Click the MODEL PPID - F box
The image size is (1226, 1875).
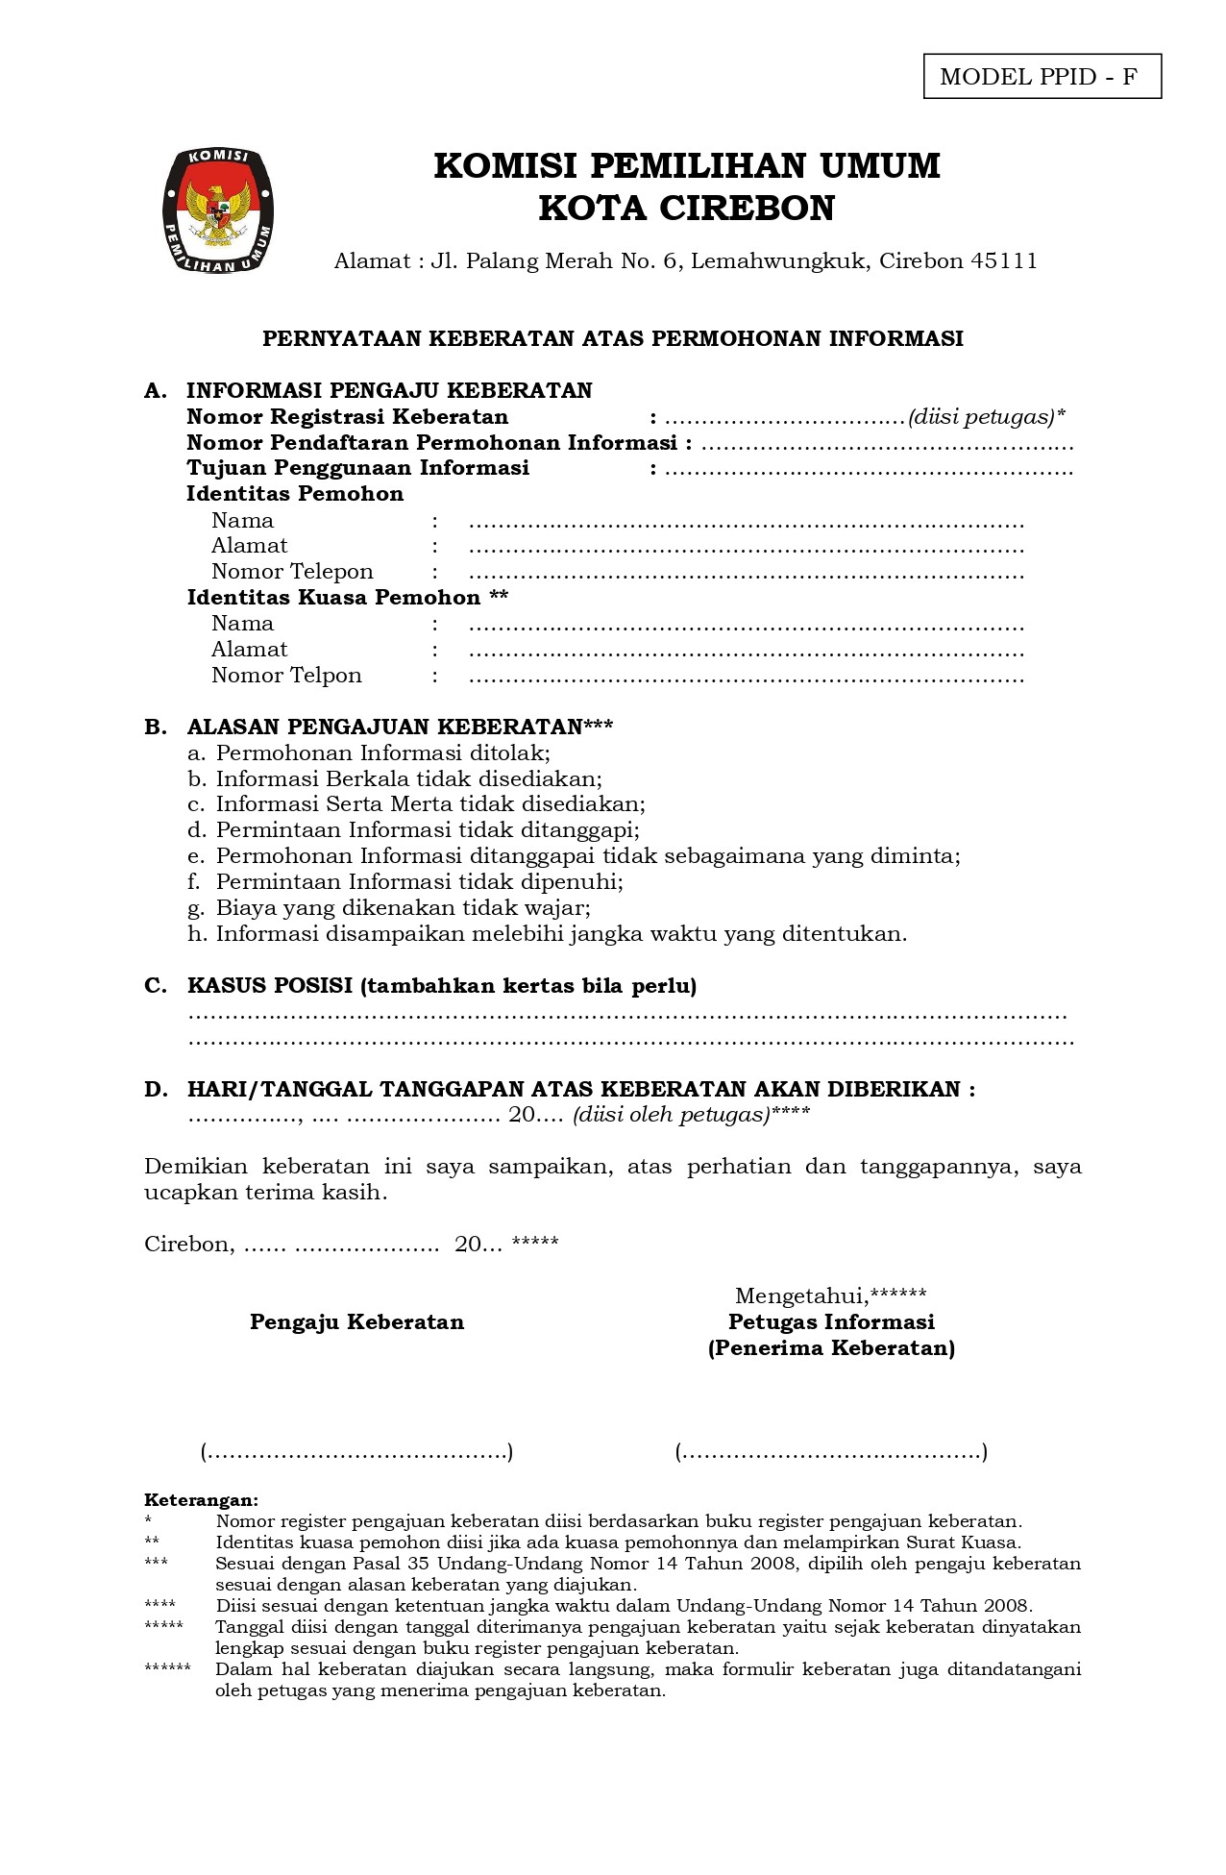[x=1042, y=77]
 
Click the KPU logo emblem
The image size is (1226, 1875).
[x=217, y=210]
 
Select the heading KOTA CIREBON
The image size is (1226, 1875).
[x=686, y=209]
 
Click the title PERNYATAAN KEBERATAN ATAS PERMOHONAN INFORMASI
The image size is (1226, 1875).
[x=613, y=338]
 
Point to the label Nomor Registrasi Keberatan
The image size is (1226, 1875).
[x=347, y=417]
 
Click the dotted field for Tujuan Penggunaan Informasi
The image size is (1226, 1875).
[x=869, y=470]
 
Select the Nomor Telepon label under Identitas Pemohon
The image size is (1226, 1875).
[x=292, y=572]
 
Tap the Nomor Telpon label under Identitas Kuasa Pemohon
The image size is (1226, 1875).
[x=286, y=676]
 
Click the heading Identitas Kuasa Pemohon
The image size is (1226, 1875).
[x=347, y=598]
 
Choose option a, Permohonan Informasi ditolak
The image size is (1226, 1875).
[x=369, y=753]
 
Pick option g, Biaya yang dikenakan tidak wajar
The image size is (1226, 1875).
[x=389, y=908]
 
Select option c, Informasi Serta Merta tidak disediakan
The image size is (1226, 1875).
[x=417, y=804]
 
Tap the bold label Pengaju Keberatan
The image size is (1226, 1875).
[x=356, y=1322]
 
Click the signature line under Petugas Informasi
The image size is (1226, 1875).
[x=831, y=1452]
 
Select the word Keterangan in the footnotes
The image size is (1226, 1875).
[x=201, y=1500]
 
